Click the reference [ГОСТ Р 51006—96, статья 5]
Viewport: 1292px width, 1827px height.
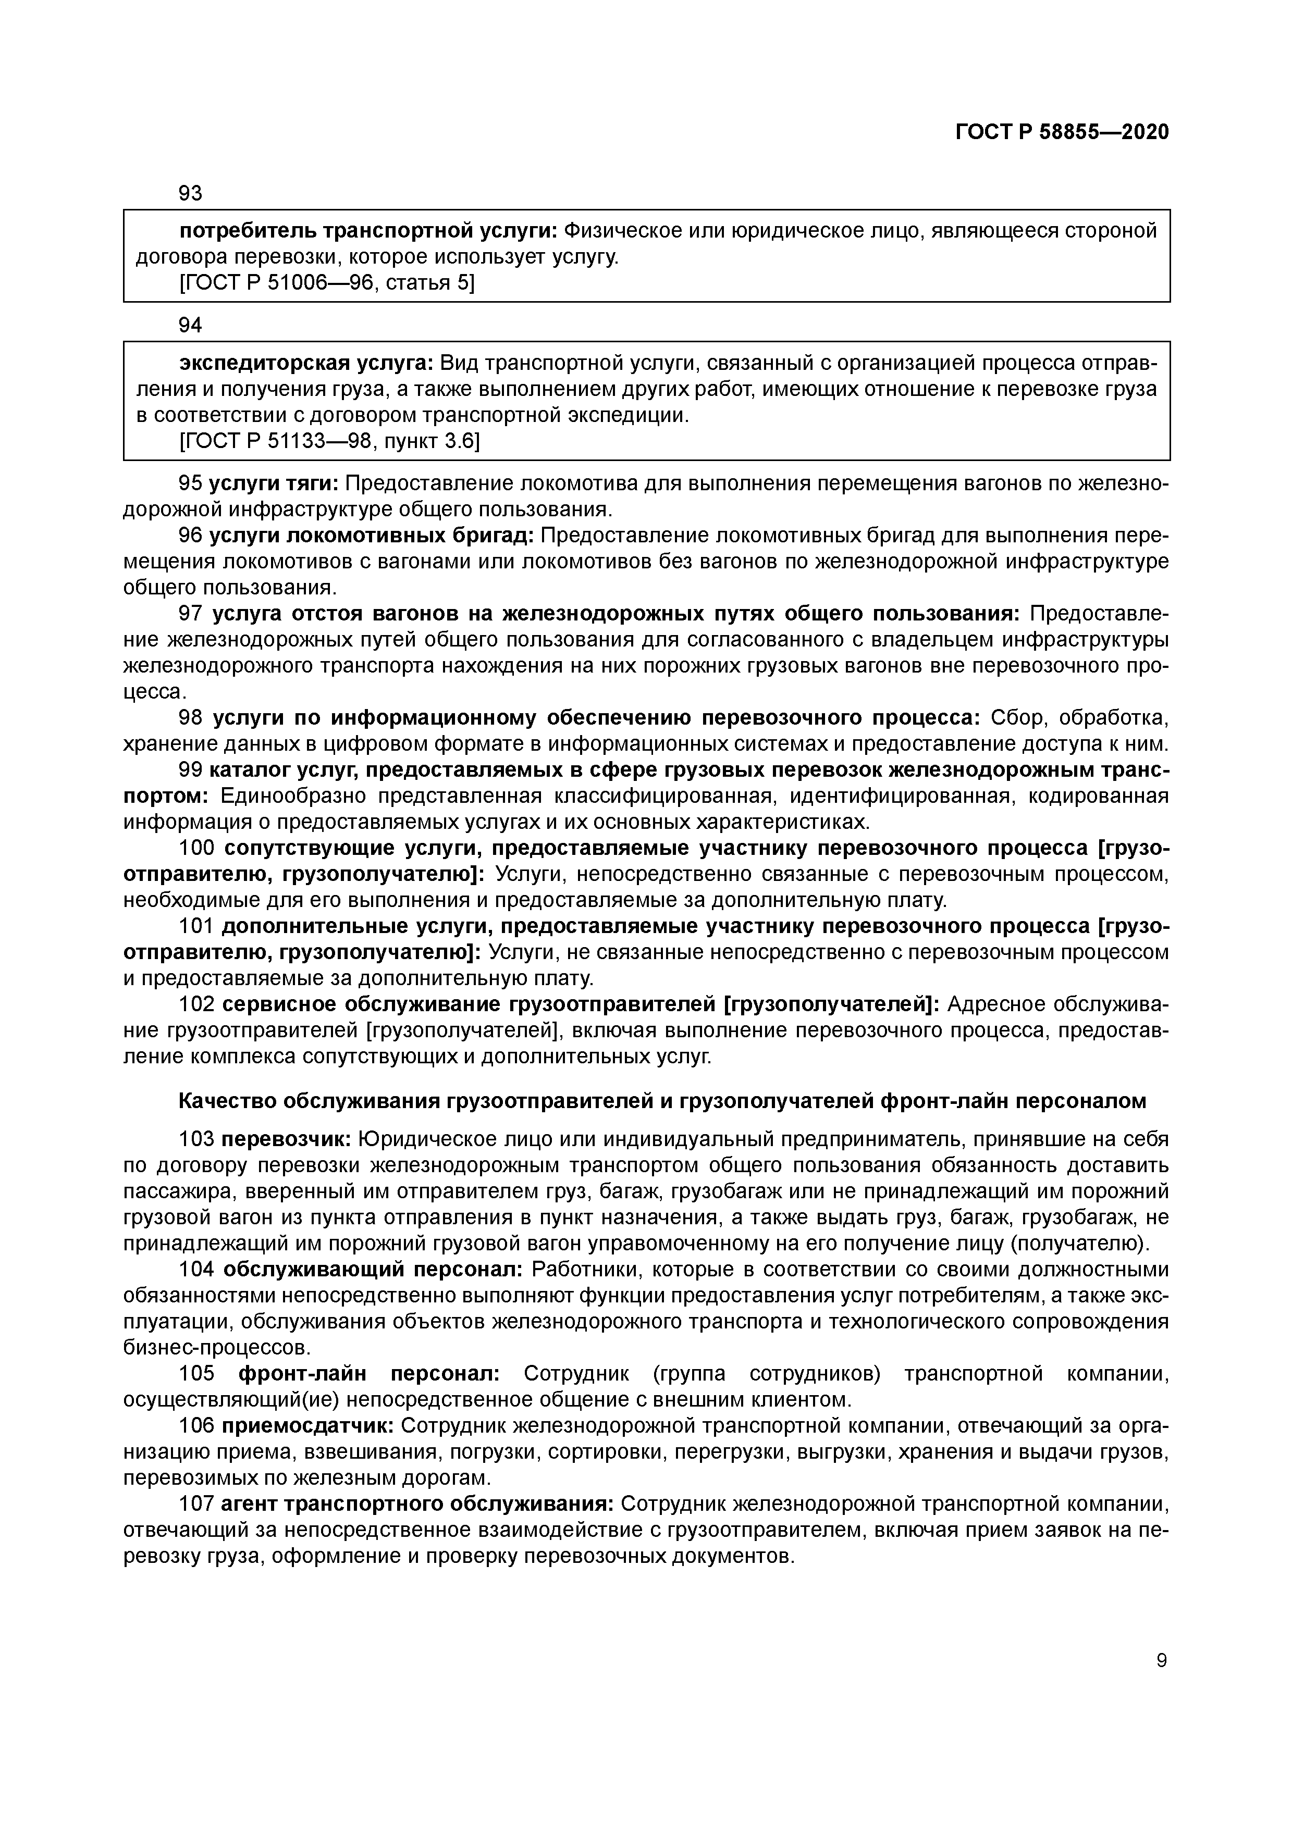tap(327, 283)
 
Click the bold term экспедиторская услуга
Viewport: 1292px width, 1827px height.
tap(306, 364)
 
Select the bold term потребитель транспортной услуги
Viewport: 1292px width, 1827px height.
tap(368, 231)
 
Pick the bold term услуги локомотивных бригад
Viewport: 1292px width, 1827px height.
tap(371, 536)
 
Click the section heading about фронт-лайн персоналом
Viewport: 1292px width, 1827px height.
tap(662, 1101)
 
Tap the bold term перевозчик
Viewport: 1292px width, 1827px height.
tap(286, 1139)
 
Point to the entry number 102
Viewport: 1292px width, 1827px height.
tap(196, 1005)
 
